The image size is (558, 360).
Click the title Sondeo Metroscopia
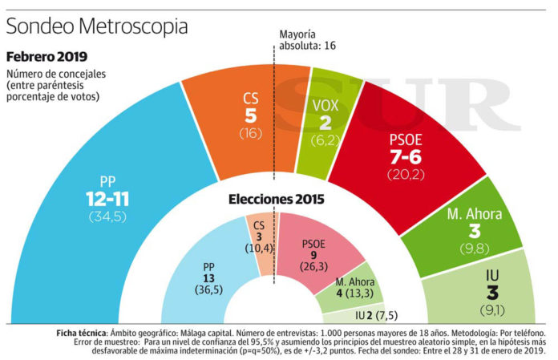[97, 26]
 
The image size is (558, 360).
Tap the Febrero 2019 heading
[46, 57]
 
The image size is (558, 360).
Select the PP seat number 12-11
[107, 199]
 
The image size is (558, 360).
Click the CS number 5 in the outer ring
[250, 115]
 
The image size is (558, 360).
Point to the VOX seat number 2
[325, 123]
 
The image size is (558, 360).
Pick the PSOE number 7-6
[406, 157]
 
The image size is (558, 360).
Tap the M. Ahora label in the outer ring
[475, 214]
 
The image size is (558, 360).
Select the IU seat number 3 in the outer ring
[492, 293]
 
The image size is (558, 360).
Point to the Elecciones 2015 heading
[276, 199]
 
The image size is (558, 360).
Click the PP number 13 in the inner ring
[208, 278]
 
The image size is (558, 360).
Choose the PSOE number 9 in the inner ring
[313, 255]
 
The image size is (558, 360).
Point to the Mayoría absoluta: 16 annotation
[308, 40]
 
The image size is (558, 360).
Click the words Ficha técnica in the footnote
[81, 334]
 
